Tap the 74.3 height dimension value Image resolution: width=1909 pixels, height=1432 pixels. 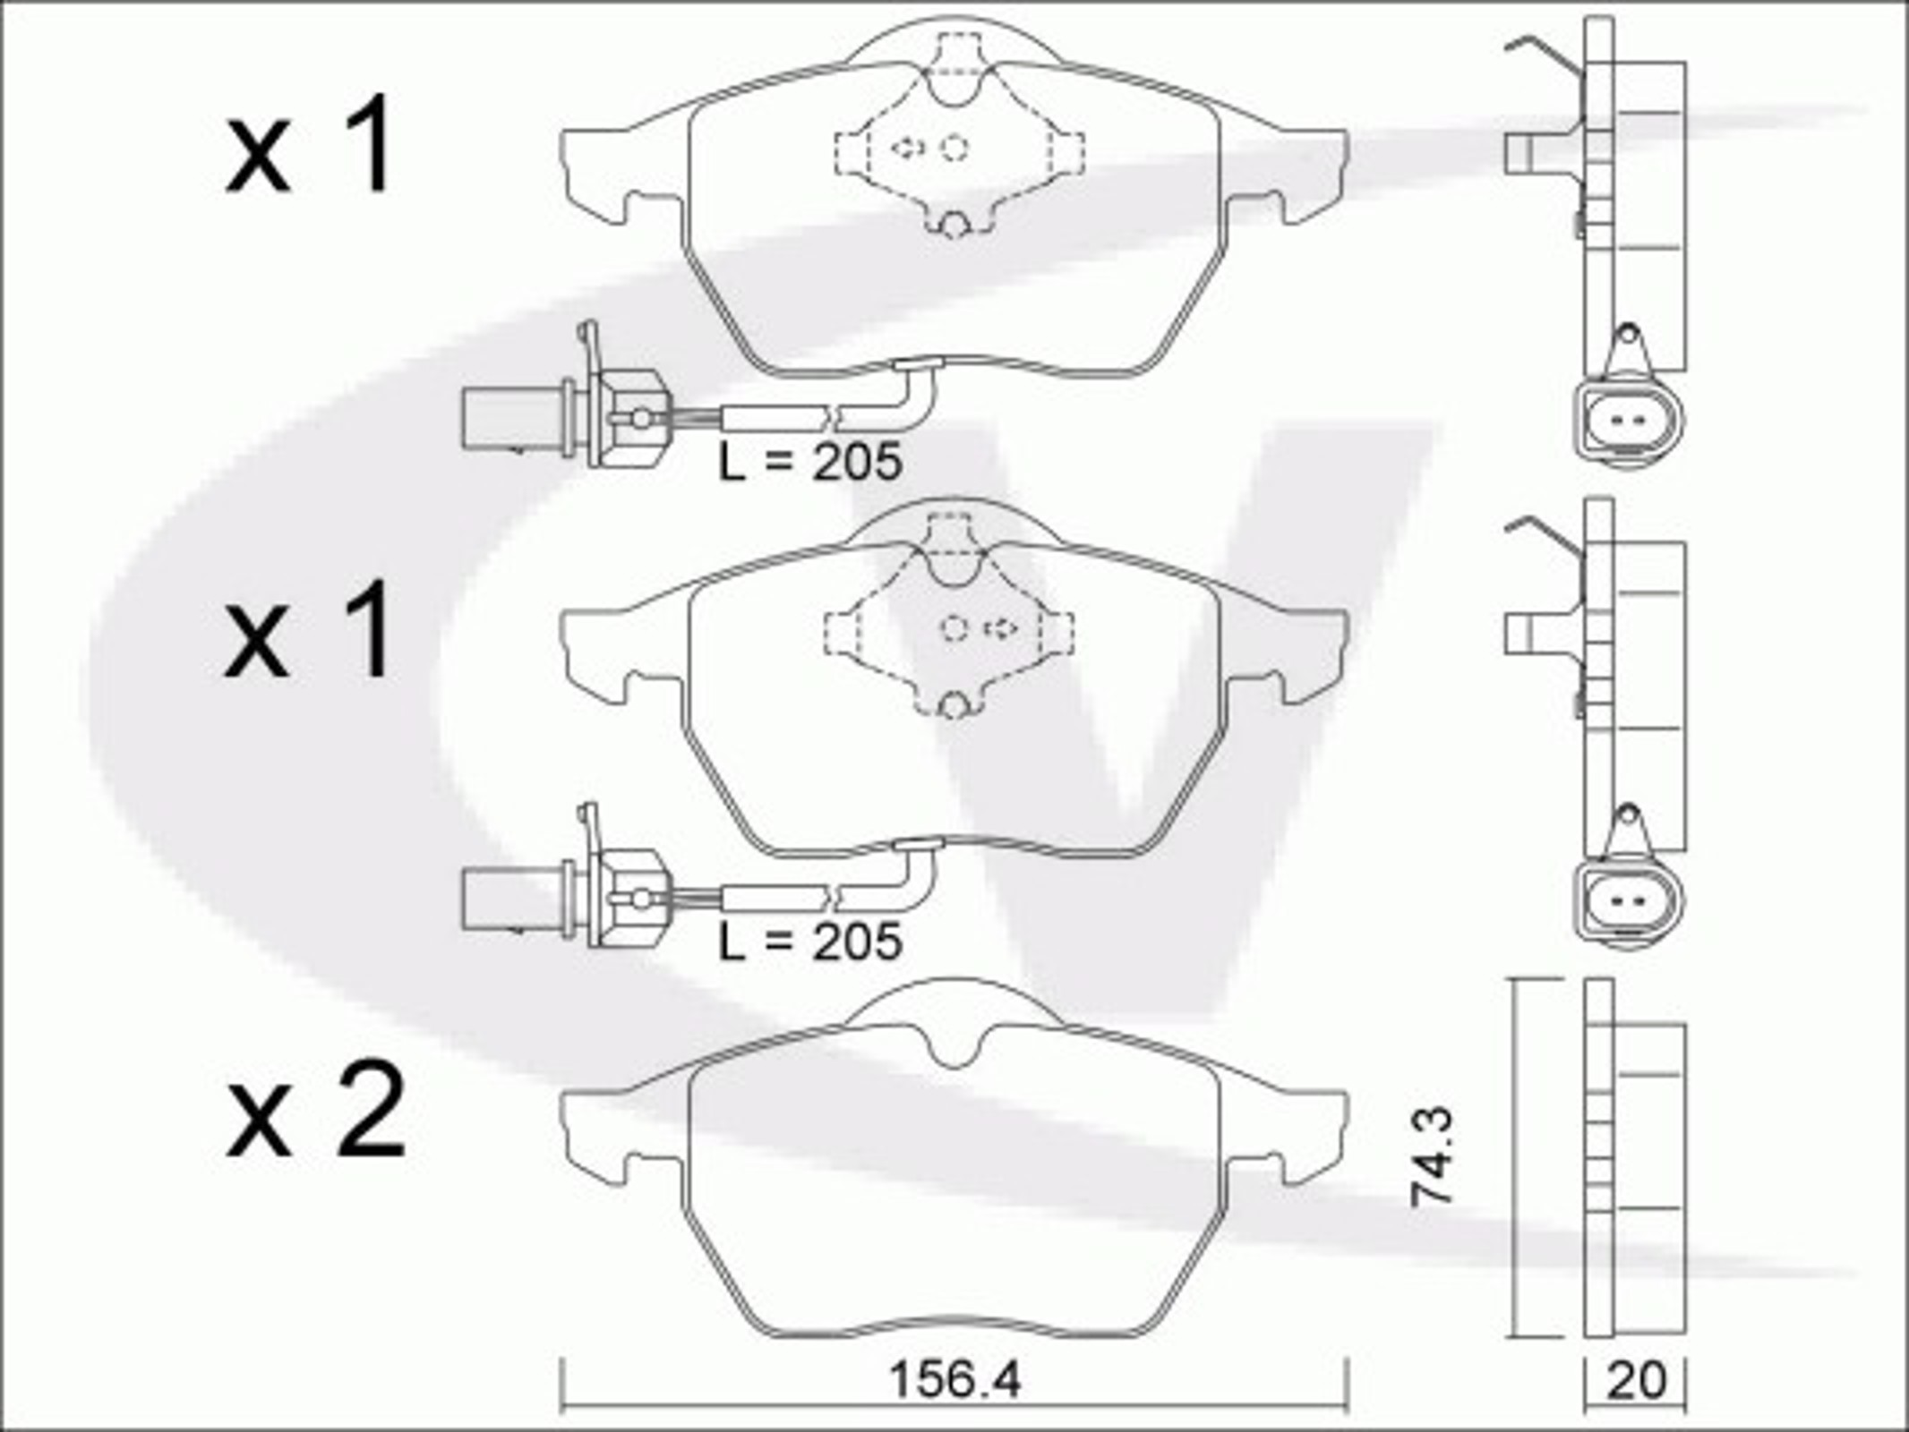[1432, 1157]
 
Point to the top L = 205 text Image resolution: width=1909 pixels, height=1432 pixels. [810, 463]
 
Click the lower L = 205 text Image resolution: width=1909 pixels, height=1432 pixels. [810, 942]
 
